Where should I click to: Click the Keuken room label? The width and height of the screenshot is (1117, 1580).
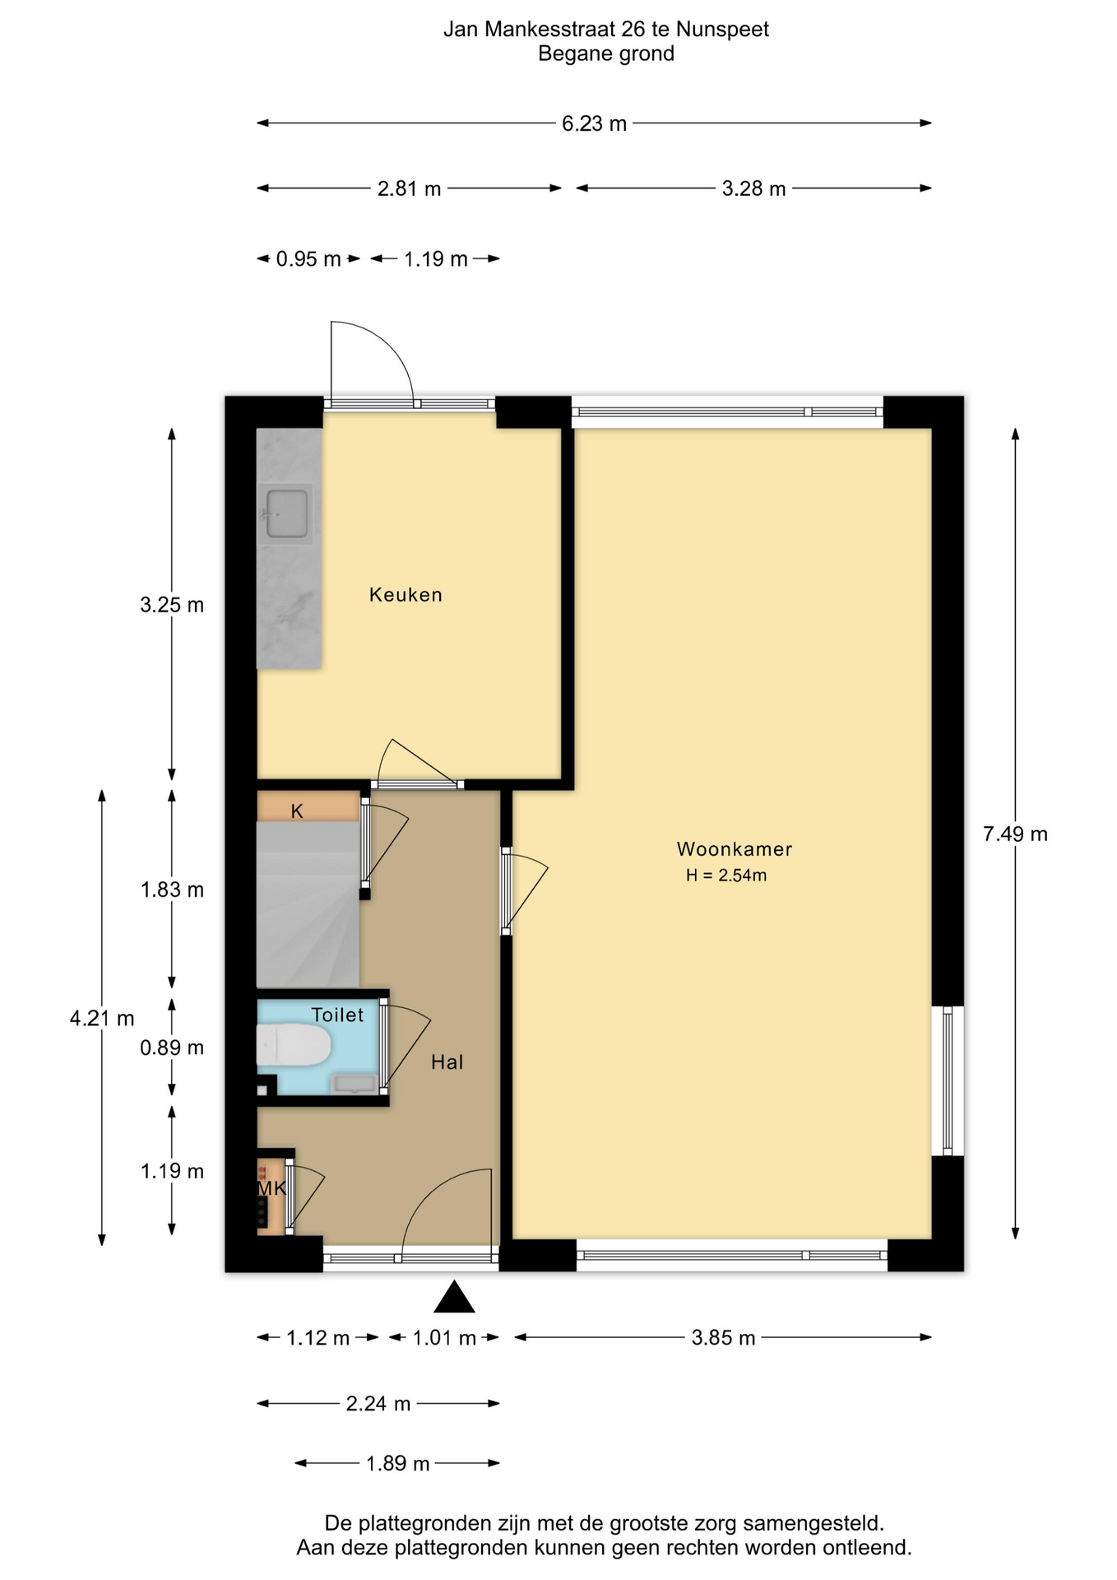[x=406, y=595]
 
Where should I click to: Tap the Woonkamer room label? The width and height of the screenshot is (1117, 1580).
[x=735, y=848]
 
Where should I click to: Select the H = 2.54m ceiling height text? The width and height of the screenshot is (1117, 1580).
[x=726, y=876]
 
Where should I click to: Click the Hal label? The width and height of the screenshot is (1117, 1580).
[x=447, y=1062]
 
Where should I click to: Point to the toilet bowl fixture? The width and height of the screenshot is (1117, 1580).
[x=294, y=1045]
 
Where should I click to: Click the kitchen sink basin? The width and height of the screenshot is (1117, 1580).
[x=285, y=513]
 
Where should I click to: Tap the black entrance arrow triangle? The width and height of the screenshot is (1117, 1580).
[x=455, y=1296]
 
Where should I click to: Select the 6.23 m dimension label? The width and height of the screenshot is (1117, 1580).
[x=595, y=123]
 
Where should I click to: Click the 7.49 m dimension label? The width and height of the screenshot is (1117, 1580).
[x=1015, y=834]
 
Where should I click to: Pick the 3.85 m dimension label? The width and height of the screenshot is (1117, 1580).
[x=723, y=1338]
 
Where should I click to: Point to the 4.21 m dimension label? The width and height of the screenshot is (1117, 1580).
[x=102, y=1019]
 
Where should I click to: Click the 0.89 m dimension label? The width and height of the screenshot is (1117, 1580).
[x=172, y=1048]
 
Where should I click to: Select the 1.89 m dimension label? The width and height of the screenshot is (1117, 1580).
[x=398, y=1464]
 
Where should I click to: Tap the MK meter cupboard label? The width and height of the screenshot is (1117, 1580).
[x=271, y=1188]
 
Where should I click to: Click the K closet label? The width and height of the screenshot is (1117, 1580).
[x=297, y=811]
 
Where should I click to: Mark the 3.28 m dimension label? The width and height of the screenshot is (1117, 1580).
[x=754, y=189]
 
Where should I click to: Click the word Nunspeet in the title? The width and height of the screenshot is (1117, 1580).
[x=723, y=30]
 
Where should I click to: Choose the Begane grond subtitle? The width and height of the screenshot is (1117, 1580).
[x=606, y=54]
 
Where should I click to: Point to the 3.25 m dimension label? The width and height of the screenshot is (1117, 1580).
[x=172, y=606]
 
